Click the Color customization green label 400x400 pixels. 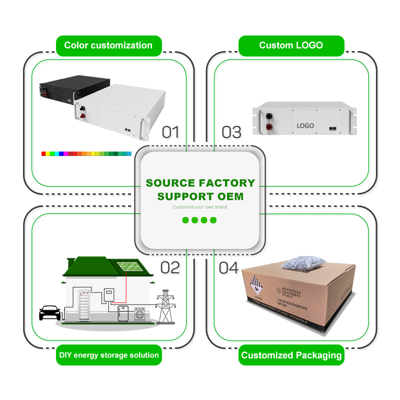pyautogui.click(x=108, y=45)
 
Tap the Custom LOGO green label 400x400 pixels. pyautogui.click(x=291, y=45)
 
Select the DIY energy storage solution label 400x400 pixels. pyautogui.click(x=108, y=355)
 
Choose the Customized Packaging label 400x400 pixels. pyautogui.click(x=291, y=355)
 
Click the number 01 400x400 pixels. pyautogui.click(x=170, y=132)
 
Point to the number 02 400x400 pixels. pyautogui.click(x=169, y=267)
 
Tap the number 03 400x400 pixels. pyautogui.click(x=231, y=132)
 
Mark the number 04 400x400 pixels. pyautogui.click(x=228, y=267)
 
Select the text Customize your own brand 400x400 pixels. pyautogui.click(x=200, y=206)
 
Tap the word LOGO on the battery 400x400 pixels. pyautogui.click(x=305, y=125)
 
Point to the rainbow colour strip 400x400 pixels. pyautogui.click(x=86, y=153)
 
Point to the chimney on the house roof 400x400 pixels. pyautogui.click(x=71, y=261)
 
